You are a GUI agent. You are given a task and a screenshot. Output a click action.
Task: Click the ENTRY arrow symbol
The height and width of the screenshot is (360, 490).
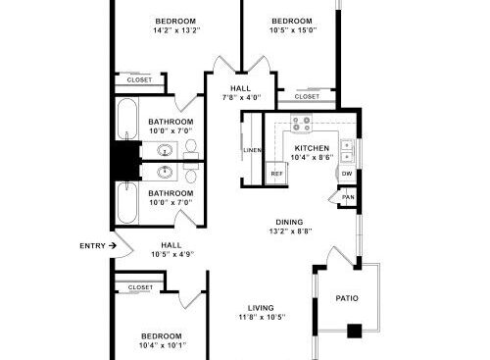tap(113, 245)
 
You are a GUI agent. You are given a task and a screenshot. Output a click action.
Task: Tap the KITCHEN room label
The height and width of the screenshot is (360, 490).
tap(312, 148)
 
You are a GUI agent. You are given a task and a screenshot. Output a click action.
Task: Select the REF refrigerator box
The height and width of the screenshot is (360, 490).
tap(276, 174)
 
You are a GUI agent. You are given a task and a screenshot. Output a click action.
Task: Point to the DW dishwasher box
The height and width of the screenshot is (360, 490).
tap(347, 174)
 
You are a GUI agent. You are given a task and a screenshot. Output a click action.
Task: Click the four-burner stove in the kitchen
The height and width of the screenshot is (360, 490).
tap(302, 124)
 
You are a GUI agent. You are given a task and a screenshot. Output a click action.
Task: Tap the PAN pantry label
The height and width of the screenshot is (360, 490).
tap(348, 197)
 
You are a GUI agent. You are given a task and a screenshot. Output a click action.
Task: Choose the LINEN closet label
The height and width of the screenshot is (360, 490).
tap(253, 150)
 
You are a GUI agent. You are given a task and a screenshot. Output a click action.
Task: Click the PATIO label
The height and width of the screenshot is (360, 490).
tap(347, 298)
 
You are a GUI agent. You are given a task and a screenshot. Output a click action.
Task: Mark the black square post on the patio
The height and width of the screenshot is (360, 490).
tap(355, 331)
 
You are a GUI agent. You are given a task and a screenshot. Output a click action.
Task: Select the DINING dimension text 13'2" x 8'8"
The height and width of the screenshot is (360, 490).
tap(290, 231)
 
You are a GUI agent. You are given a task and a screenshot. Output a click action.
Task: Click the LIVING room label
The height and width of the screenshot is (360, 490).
tap(261, 308)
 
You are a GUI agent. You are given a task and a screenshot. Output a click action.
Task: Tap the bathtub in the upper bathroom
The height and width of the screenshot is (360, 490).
tap(127, 120)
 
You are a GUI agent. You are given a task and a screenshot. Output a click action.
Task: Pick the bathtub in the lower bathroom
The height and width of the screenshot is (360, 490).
tap(127, 203)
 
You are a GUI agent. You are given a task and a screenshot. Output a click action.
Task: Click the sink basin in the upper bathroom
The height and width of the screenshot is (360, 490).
tap(165, 151)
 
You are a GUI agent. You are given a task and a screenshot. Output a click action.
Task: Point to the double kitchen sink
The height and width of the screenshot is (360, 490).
tap(347, 151)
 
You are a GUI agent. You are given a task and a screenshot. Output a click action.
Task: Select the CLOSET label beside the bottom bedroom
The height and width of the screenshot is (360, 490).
tap(140, 287)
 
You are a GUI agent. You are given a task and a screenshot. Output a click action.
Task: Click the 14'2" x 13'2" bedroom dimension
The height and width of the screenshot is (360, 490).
tap(176, 30)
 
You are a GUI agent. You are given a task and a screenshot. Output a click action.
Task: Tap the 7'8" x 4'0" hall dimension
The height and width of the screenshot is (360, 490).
tap(241, 97)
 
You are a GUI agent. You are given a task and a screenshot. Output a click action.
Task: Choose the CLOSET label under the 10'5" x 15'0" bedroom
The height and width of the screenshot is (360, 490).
tap(307, 96)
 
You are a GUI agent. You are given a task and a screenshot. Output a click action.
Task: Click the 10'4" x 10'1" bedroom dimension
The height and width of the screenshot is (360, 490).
tap(163, 345)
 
